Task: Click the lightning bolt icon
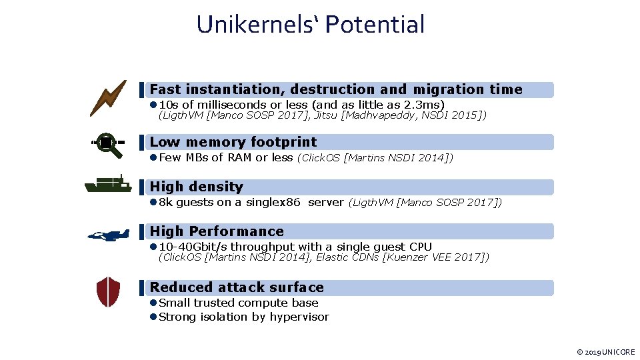(108, 97)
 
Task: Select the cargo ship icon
(108, 185)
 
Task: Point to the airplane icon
(109, 235)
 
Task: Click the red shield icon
(108, 291)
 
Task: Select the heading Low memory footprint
(233, 142)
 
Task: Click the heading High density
(197, 187)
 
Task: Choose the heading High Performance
(217, 231)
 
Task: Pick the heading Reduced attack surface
(237, 287)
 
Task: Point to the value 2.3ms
(421, 105)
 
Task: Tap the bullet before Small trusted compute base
(153, 303)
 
